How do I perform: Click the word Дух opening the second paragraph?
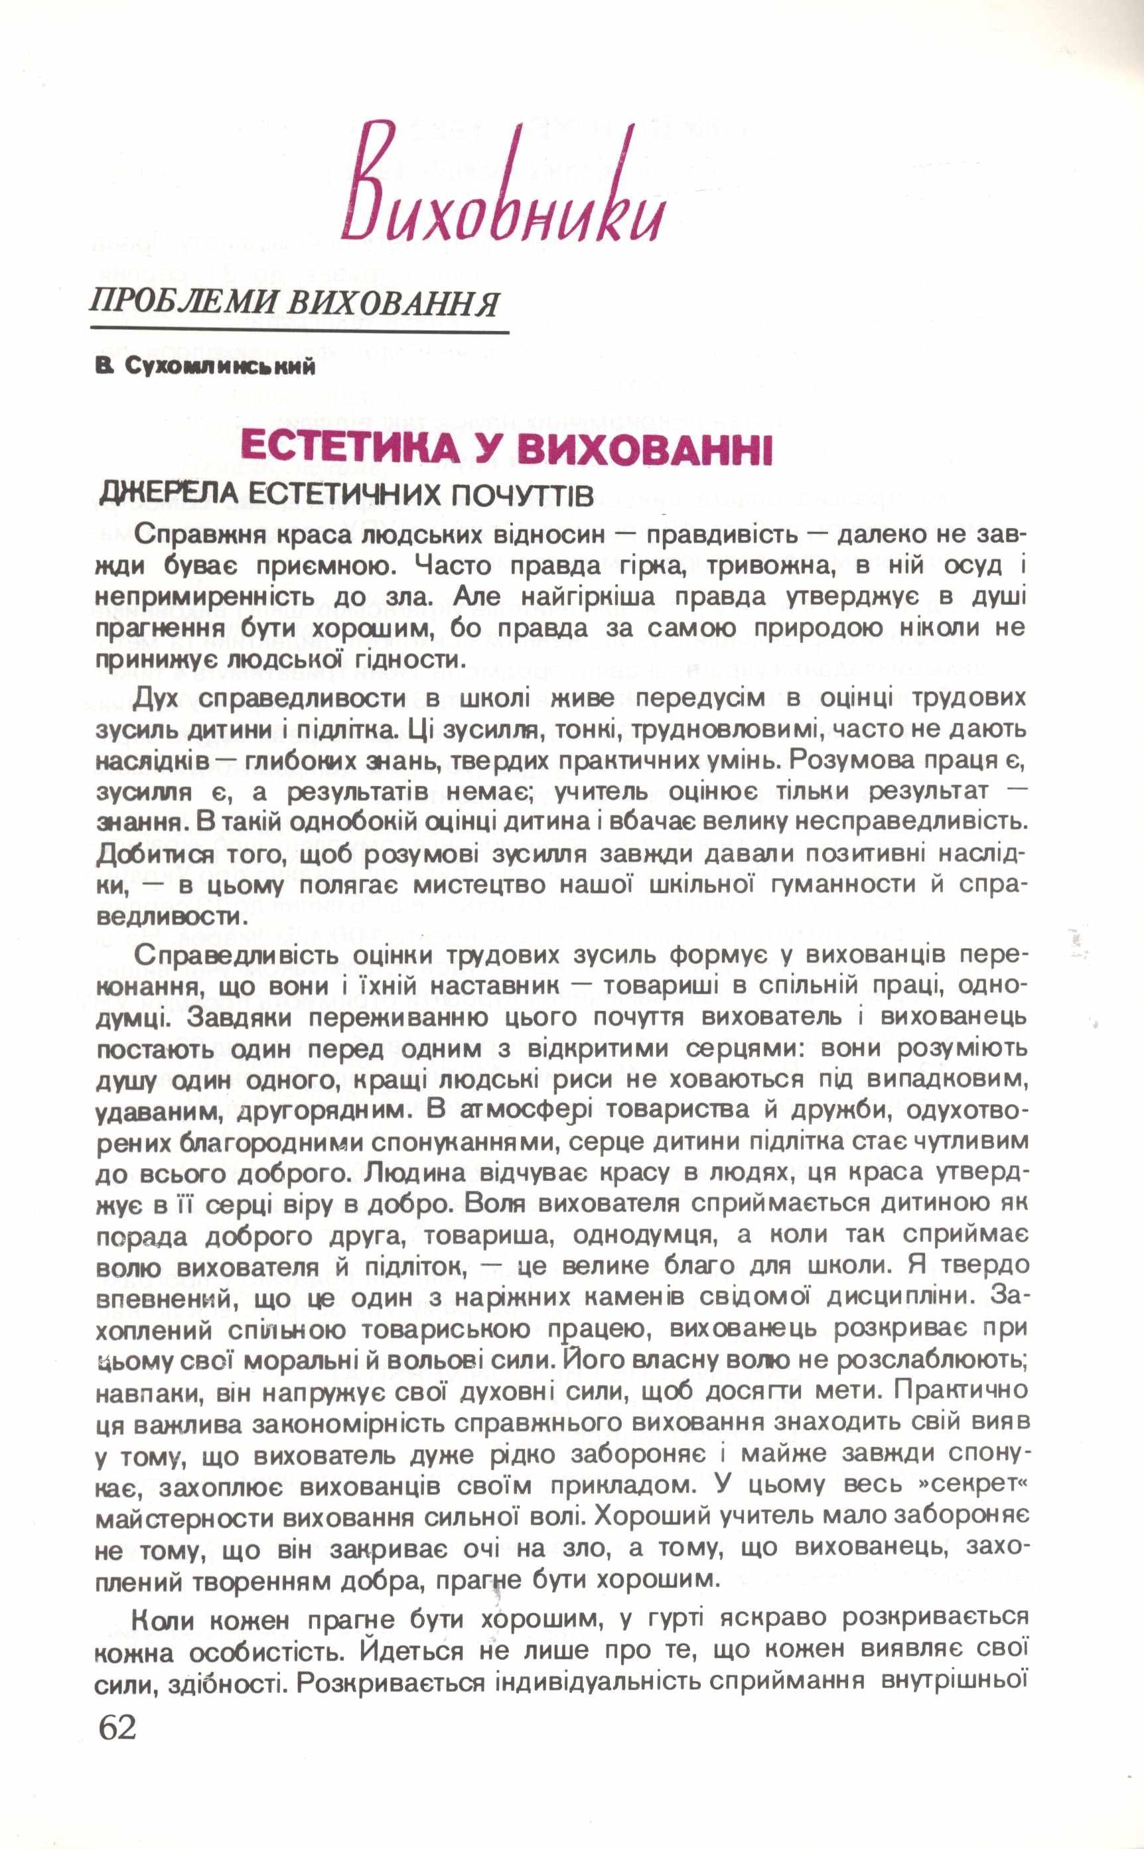click(161, 697)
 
